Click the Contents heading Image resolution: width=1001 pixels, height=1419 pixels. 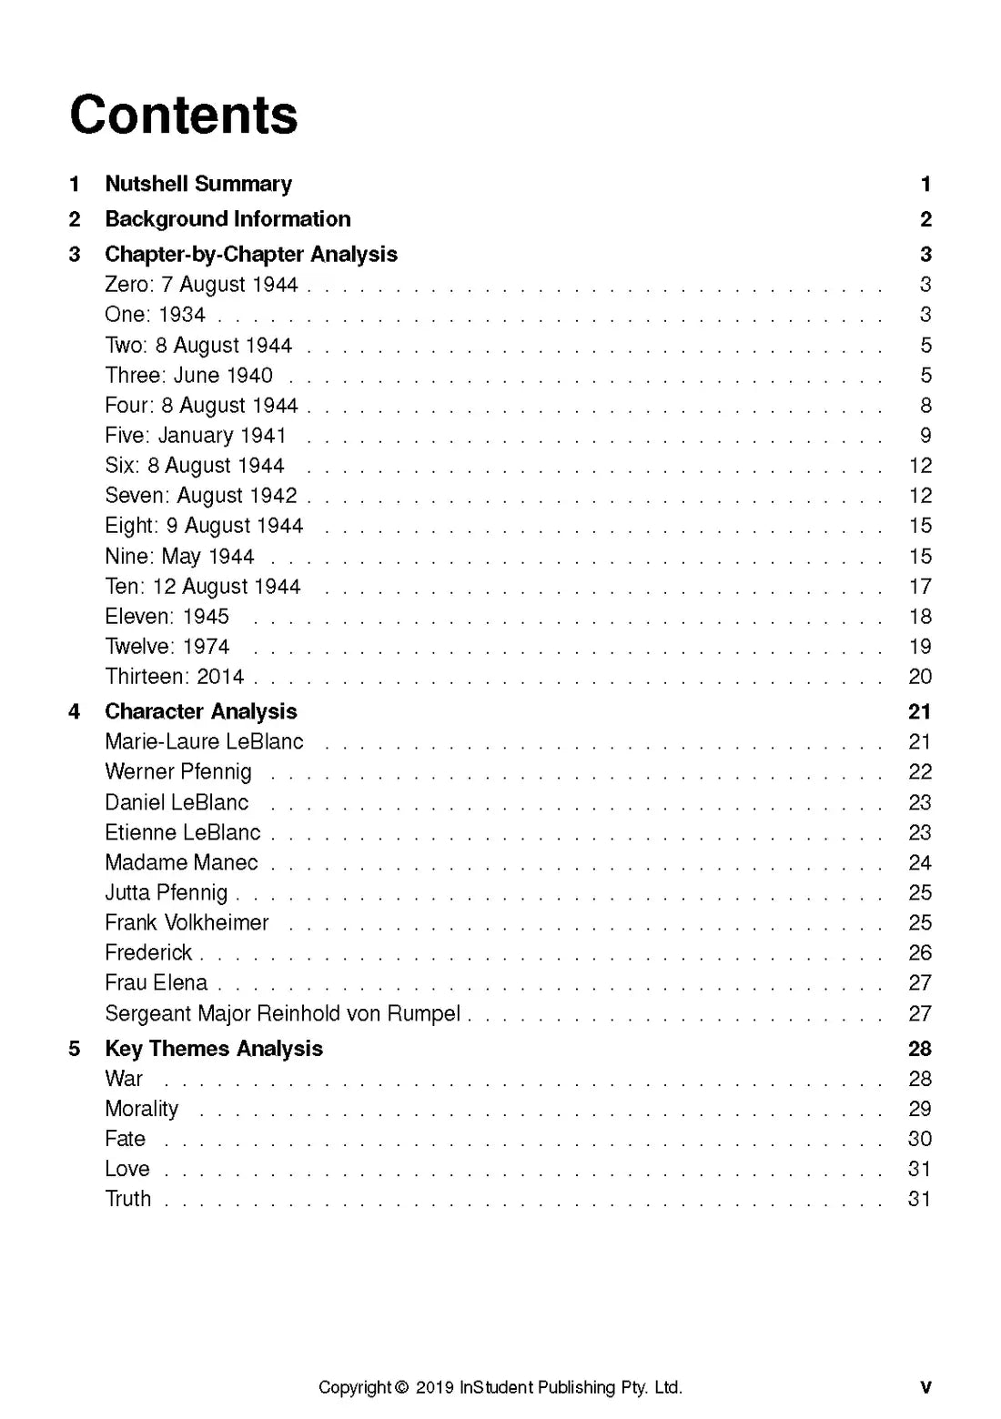coord(184,116)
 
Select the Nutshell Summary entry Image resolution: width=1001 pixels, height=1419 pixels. coord(198,184)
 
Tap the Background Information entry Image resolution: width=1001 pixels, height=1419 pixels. coord(227,219)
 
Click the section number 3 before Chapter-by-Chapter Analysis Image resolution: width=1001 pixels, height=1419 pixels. coord(75,255)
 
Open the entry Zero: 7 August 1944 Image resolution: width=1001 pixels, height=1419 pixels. coord(201,285)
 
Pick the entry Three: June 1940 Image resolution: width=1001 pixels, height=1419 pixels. coord(188,375)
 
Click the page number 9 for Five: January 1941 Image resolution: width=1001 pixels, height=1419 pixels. coord(925,436)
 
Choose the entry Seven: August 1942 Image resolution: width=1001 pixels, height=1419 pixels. coord(201,496)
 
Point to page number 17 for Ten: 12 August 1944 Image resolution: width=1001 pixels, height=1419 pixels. coord(920,587)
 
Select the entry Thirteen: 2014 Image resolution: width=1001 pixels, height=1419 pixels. coord(175,677)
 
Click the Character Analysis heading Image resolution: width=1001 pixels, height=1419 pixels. coord(201,711)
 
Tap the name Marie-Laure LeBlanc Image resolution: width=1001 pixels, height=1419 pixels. coord(204,742)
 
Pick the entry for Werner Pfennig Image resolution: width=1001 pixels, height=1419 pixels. coord(178,772)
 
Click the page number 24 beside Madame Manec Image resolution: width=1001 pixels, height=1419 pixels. coord(920,862)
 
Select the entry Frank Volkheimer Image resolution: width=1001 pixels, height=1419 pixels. coord(187,923)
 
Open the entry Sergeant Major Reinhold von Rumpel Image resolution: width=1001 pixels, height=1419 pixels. coord(282,1013)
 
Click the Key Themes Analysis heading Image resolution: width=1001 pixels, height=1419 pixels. coord(214,1049)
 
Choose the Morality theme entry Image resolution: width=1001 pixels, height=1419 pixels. coord(142,1109)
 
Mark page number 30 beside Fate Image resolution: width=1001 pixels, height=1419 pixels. coord(920,1139)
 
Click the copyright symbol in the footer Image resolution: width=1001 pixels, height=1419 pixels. coord(402,1388)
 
